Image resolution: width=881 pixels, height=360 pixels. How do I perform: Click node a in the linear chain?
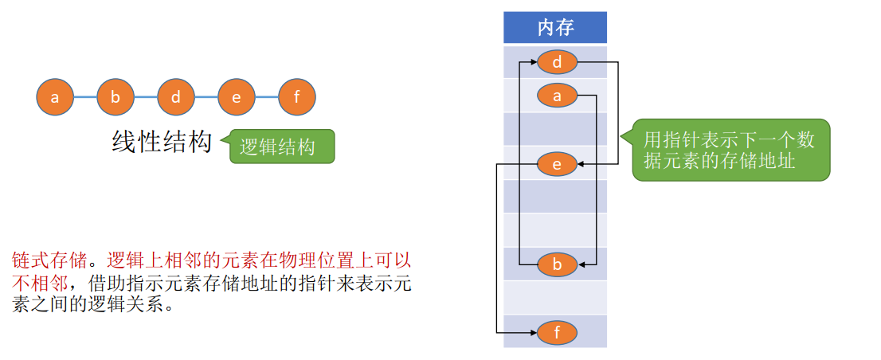55,97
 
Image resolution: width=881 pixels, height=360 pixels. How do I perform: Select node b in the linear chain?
116,97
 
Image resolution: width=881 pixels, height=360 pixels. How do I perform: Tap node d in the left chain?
176,97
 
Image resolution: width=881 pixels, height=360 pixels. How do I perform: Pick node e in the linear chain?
237,97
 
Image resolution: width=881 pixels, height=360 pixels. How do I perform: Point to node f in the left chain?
297,97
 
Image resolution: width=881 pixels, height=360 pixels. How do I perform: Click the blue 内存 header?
555,28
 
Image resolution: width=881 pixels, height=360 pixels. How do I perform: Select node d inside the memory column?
557,61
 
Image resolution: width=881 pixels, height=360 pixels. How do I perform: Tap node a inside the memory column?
557,96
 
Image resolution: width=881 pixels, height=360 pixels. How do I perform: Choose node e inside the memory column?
557,164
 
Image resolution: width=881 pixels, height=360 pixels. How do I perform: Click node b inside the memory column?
557,264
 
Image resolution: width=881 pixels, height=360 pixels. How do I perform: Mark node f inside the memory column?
557,332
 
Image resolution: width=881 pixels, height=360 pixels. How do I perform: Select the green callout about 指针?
731,150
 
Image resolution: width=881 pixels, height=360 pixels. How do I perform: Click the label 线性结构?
162,143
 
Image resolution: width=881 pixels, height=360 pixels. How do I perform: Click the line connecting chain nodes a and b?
85,97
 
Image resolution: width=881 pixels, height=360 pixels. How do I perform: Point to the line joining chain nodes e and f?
267,97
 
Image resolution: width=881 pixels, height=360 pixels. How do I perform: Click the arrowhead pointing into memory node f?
533,332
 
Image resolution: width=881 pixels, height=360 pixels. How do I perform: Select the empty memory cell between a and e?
555,129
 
